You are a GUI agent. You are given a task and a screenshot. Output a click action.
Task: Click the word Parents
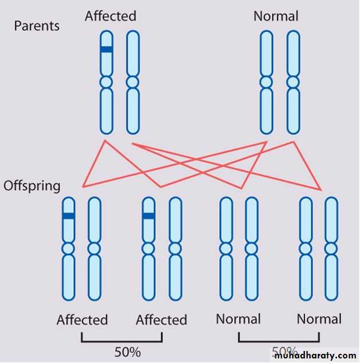pos(37,26)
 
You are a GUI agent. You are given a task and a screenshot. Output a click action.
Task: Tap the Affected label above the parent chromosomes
pos(110,16)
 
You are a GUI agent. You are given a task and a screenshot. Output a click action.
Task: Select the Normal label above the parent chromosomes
pos(276,16)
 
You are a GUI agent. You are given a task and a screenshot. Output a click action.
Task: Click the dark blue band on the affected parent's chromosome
pos(106,50)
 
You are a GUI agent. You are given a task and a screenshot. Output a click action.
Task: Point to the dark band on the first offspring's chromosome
pos(69,216)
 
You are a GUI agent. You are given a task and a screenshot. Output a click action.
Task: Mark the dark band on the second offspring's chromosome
pos(149,216)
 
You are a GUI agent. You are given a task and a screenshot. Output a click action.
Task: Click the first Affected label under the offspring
pos(82,320)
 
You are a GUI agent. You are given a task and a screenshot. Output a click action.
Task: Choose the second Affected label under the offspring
pos(161,320)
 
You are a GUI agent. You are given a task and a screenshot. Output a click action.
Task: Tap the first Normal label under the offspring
pos(238,319)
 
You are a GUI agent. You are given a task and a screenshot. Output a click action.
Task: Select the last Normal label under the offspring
pos(319,319)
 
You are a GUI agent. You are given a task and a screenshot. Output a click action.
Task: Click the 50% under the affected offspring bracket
pos(127,352)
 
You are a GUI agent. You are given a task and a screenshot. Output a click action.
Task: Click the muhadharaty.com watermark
pos(315,356)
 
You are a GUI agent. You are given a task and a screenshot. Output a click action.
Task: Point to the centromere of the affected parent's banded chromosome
pos(106,82)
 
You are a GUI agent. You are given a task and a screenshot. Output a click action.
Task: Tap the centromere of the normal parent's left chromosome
pos(266,82)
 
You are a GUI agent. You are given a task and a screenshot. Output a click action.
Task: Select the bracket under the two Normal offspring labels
pos(279,341)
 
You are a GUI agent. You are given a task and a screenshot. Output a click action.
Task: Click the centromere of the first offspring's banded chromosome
pos(69,249)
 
